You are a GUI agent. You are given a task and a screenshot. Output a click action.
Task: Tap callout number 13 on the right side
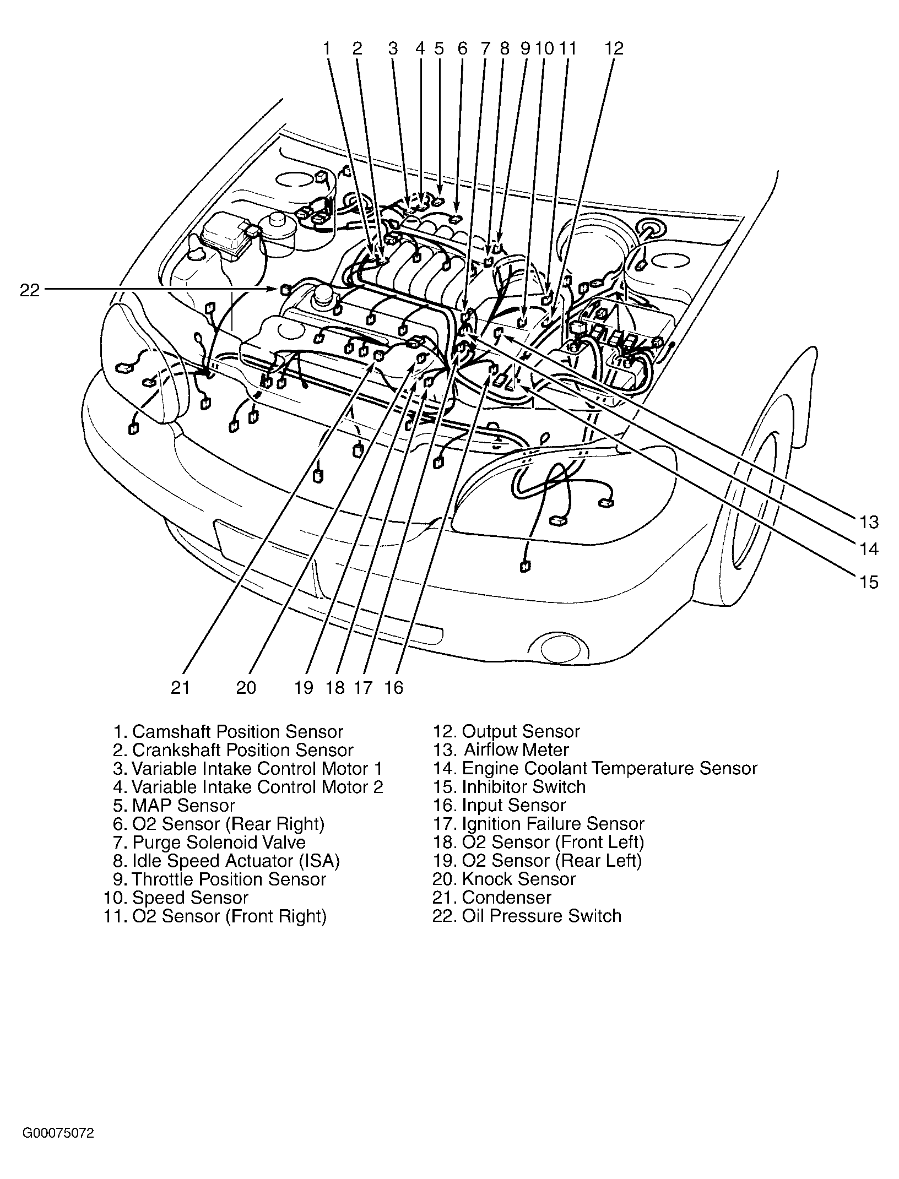tap(868, 521)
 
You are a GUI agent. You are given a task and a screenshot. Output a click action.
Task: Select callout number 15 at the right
tap(868, 582)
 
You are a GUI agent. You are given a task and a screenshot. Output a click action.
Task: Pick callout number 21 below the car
tap(180, 687)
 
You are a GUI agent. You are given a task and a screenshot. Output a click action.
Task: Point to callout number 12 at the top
tap(614, 48)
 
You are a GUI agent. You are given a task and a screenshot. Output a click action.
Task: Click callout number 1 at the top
tap(327, 48)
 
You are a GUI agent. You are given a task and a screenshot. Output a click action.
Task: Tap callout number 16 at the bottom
tap(394, 687)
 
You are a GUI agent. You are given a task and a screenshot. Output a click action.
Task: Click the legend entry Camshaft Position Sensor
tap(228, 732)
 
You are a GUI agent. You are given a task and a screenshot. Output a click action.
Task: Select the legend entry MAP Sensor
tap(174, 806)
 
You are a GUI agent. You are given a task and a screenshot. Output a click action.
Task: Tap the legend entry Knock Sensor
tap(503, 879)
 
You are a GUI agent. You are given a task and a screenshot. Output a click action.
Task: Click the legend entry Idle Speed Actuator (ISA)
tap(227, 861)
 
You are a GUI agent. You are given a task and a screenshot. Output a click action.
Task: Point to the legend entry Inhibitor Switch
tap(509, 787)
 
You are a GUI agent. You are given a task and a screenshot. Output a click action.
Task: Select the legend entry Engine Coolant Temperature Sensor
tap(595, 769)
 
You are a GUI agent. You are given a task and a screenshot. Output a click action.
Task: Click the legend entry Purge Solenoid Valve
tap(210, 843)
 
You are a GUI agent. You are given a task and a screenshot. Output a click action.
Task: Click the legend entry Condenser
tap(491, 898)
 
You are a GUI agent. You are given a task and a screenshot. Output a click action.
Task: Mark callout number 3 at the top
tap(392, 48)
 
